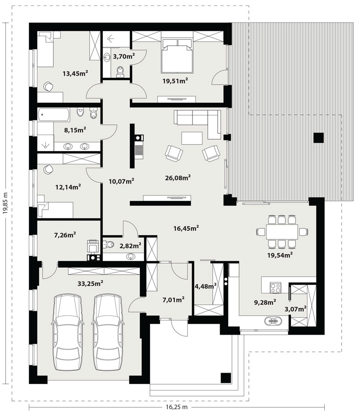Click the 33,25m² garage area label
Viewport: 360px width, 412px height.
coord(90,283)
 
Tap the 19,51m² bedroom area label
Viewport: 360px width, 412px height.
coord(175,81)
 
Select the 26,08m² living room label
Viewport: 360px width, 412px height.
coord(178,178)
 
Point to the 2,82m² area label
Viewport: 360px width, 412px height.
coord(130,246)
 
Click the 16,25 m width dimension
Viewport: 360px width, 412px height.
coord(177,407)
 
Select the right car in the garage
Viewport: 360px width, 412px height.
coord(108,332)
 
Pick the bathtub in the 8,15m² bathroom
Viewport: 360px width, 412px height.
coord(54,115)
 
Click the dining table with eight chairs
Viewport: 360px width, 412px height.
coord(282,232)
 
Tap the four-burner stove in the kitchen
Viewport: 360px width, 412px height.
coord(275,287)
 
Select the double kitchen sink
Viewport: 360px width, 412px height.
coord(273,321)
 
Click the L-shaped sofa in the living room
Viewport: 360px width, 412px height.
coord(197,124)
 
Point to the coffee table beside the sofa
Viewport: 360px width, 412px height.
coord(192,138)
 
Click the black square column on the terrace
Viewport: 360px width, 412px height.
coord(318,138)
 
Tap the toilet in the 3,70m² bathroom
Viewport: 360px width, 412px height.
coord(120,72)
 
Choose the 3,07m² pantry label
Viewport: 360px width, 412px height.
coord(296,309)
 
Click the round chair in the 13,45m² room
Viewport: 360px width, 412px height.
coord(48,87)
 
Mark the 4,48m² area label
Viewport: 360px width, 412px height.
coord(205,286)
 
